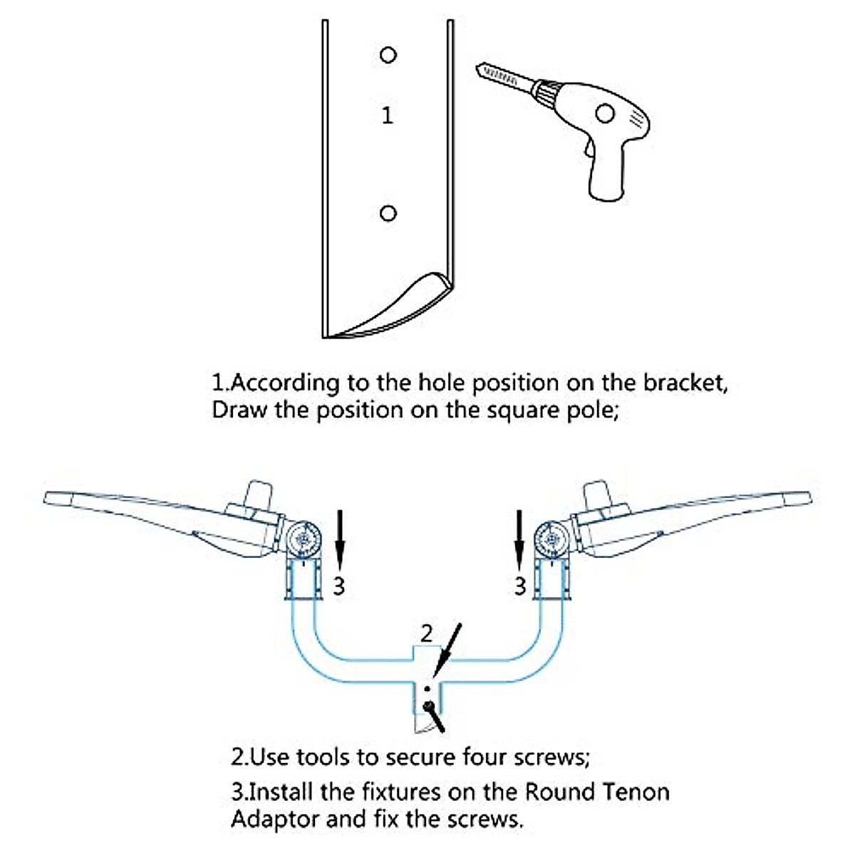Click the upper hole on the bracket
coord(388,55)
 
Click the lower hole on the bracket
coord(388,213)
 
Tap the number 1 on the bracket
coord(387,115)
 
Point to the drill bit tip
coord(477,68)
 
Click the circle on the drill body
coord(605,113)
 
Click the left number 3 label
coord(339,586)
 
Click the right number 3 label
coord(520,586)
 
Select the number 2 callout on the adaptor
coord(426,633)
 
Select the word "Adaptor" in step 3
coord(274,819)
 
